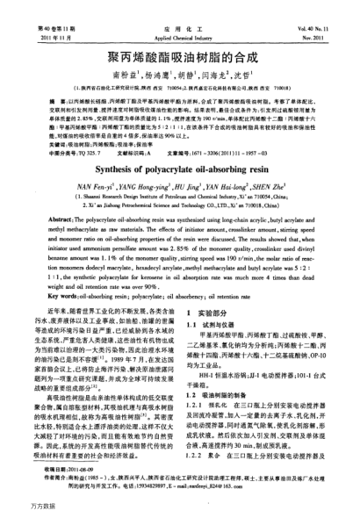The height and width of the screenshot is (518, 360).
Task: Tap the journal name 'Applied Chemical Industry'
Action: tap(179, 15)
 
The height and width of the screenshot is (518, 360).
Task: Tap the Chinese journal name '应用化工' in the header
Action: tap(179, 6)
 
